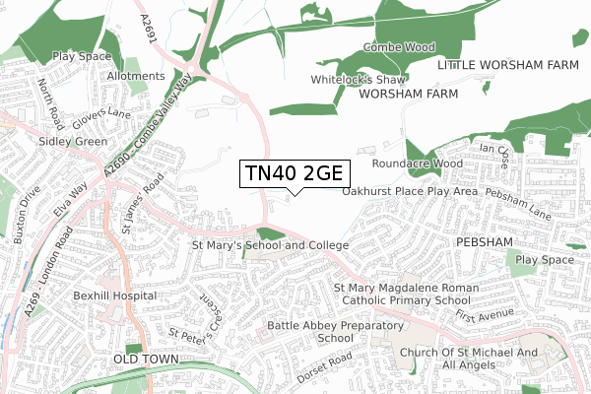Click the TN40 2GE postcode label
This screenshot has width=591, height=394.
tap(293, 173)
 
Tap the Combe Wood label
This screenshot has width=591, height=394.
tap(399, 46)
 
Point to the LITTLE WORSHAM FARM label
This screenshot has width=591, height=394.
tap(506, 64)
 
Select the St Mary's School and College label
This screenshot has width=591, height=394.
tap(271, 244)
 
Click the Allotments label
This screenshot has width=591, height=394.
tap(137, 76)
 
